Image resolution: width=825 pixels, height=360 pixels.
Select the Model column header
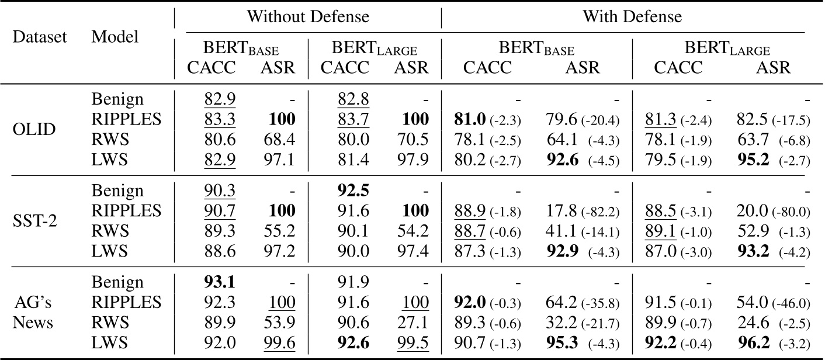tap(115, 37)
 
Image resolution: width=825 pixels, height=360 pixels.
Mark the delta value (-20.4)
tap(602, 121)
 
